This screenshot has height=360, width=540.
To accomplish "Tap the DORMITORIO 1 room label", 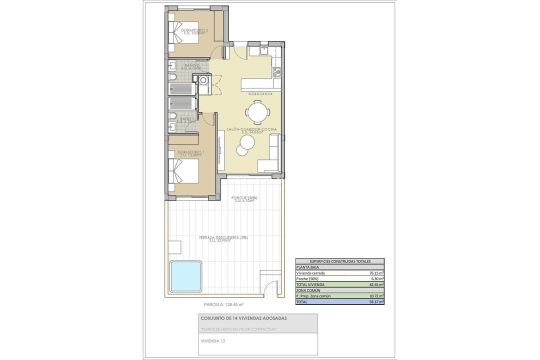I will [191, 152].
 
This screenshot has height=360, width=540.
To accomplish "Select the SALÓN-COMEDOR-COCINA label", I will [251, 130].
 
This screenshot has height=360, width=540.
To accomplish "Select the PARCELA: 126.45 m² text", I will [223, 304].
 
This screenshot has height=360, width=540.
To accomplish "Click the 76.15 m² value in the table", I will [376, 273].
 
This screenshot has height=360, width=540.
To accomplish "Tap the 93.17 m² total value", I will [376, 301].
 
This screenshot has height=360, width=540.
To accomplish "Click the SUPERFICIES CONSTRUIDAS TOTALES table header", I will [339, 261].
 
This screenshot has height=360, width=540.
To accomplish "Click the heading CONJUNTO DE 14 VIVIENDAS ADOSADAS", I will [243, 318].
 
